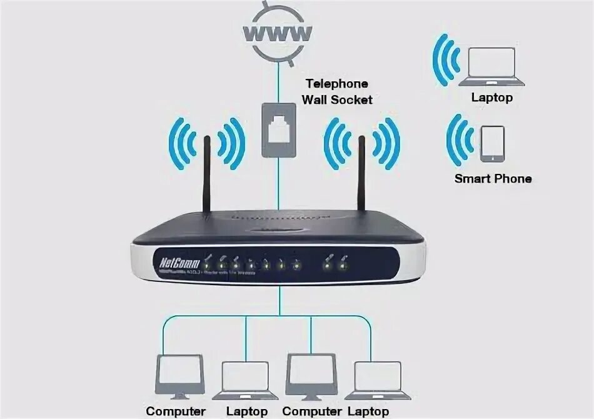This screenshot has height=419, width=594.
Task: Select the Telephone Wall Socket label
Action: [x=336, y=91]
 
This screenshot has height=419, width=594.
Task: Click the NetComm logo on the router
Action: [x=175, y=258]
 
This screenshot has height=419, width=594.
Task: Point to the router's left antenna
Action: [x=207, y=174]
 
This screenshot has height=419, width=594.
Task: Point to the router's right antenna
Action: [x=361, y=174]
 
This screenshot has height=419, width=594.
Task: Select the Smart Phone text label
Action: [x=493, y=179]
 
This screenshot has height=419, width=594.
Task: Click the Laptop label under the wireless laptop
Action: [x=491, y=98]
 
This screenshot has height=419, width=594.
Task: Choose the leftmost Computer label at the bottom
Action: [x=176, y=411]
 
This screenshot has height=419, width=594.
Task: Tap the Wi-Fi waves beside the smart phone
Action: [x=459, y=141]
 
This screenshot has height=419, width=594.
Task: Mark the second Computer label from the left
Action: [x=312, y=411]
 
